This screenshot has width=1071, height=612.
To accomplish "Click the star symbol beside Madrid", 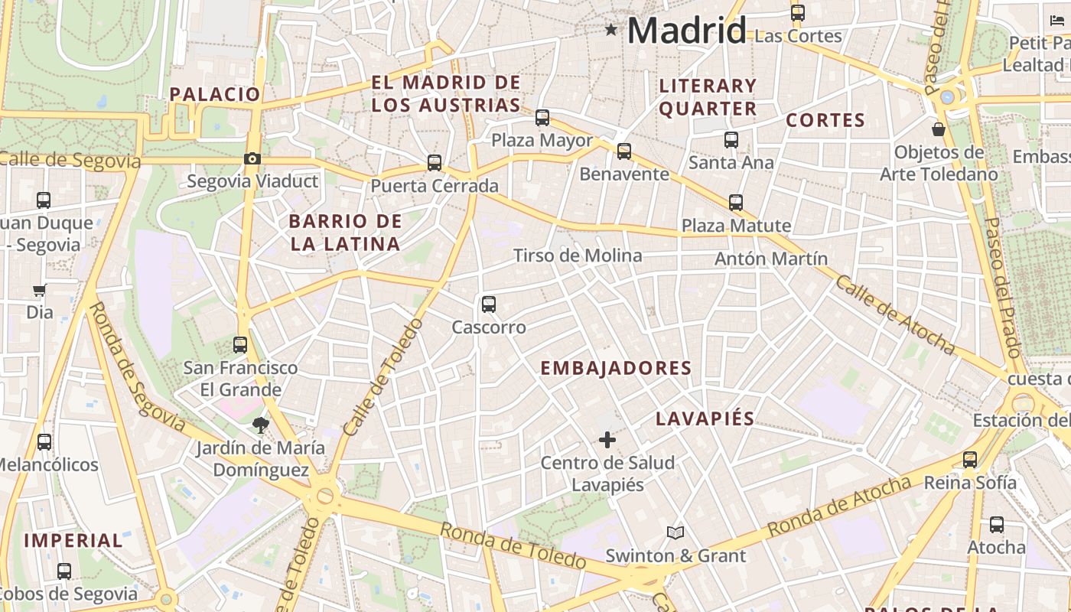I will point(611,30).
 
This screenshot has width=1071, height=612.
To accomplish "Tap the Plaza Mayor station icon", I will point(542,118).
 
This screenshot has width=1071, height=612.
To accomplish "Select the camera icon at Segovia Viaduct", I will point(252,159).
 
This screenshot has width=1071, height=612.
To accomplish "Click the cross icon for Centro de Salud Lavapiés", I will point(607,440).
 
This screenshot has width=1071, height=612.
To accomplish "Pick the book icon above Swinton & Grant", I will point(675,532).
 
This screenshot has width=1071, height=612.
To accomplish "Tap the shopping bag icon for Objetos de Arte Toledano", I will point(939,129).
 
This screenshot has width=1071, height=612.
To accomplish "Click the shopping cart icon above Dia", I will point(39,290).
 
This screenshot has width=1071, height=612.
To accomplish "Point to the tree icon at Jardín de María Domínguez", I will point(261,425).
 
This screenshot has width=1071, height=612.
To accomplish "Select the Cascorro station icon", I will point(489,304).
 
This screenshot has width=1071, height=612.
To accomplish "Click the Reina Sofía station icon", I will point(970,460).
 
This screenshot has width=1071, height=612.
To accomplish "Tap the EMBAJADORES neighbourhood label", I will point(616,368).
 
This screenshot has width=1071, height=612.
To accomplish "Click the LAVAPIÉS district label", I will point(705,418).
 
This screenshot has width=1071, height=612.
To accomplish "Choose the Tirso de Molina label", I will point(578,256).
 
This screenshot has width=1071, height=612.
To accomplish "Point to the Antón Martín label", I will point(771,259).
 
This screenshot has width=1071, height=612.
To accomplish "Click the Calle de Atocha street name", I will point(894,315).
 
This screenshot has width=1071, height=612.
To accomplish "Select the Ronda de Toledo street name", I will point(513,545).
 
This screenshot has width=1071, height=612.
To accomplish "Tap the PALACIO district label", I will point(215,94).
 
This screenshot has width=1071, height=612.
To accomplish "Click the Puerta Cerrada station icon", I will point(435,163).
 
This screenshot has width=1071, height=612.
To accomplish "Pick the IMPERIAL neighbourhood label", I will point(73,540).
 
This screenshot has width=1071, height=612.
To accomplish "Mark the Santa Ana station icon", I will point(731,140).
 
